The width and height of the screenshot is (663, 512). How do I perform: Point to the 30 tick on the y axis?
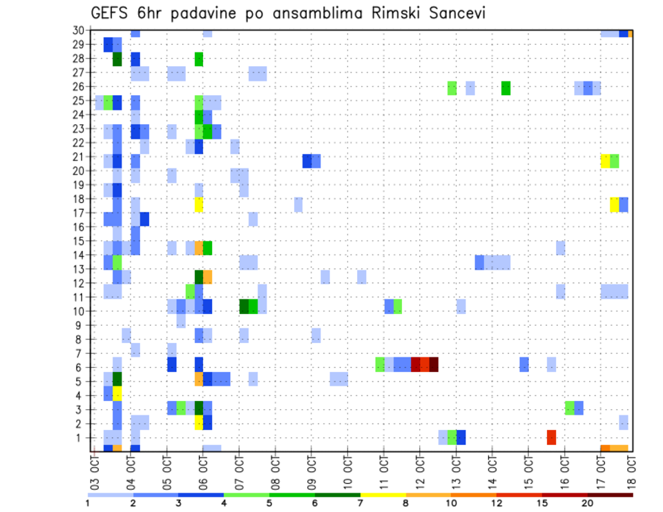click(x=80, y=30)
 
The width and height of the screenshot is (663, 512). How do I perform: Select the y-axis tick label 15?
click(x=80, y=241)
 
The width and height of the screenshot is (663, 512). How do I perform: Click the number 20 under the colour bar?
click(x=587, y=503)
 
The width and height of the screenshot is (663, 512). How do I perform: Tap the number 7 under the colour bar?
click(x=360, y=503)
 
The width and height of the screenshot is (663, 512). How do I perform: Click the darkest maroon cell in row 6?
click(x=434, y=364)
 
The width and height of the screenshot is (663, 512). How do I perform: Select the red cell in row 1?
click(x=551, y=437)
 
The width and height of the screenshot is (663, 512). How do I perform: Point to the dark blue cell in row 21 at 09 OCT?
click(x=307, y=161)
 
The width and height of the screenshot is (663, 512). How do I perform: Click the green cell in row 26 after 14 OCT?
click(x=506, y=88)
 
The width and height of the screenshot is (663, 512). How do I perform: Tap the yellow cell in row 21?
click(x=605, y=161)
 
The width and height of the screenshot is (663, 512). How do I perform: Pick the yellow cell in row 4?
click(x=117, y=393)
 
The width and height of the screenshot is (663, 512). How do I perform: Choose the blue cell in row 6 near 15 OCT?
click(x=524, y=364)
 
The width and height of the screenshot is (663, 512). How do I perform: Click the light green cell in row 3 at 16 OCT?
click(x=569, y=408)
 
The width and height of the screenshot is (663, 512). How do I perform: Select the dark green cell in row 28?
click(x=117, y=59)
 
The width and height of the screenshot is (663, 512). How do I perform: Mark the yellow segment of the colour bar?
click(x=383, y=495)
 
